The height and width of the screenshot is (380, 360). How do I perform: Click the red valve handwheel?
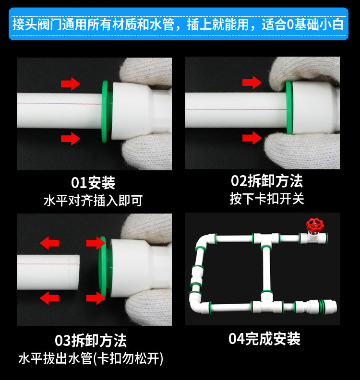pyautogui.click(x=315, y=225)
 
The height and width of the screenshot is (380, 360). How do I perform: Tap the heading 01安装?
pyautogui.click(x=93, y=183)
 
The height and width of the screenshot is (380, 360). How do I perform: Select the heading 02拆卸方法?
pyautogui.click(x=267, y=181)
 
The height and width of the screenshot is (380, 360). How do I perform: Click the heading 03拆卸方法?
pyautogui.click(x=91, y=341)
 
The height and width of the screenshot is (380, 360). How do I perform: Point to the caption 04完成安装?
pyautogui.click(x=264, y=339)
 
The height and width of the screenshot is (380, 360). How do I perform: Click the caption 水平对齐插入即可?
pyautogui.click(x=93, y=201)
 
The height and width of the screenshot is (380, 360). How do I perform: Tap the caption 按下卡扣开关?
pyautogui.click(x=267, y=199)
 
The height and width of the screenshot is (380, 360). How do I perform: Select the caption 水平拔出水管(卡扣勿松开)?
pyautogui.click(x=91, y=358)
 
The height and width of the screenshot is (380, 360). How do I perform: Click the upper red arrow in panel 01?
pyautogui.click(x=71, y=83)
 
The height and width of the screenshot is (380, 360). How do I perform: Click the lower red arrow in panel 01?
pyautogui.click(x=71, y=139)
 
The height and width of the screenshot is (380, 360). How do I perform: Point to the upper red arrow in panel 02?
pyautogui.click(x=252, y=83)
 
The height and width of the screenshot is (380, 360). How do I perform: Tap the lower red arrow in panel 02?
pyautogui.click(x=252, y=138)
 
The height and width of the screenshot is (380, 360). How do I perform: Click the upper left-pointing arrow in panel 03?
pyautogui.click(x=49, y=243)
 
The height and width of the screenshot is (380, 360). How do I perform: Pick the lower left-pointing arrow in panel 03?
pyautogui.click(x=49, y=298)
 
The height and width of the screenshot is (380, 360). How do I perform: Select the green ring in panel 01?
pyautogui.click(x=105, y=111)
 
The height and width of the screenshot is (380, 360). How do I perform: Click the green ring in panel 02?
pyautogui.click(x=289, y=107)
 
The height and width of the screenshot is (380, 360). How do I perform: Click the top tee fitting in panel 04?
pyautogui.click(x=266, y=240)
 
